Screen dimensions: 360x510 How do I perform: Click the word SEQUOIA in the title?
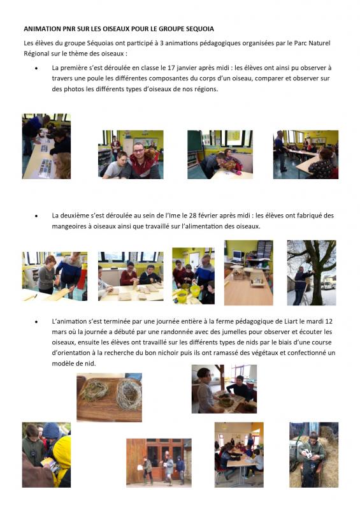[200, 29]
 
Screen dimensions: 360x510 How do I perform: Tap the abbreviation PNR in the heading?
[69, 29]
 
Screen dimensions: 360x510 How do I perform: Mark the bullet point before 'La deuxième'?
[36, 216]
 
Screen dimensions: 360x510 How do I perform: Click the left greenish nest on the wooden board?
[95, 390]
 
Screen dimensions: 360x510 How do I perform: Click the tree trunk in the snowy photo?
[315, 280]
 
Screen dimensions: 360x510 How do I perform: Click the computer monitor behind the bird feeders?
[238, 256]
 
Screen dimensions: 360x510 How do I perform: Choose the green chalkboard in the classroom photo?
[194, 140]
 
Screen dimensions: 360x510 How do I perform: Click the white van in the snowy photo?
[328, 286]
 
